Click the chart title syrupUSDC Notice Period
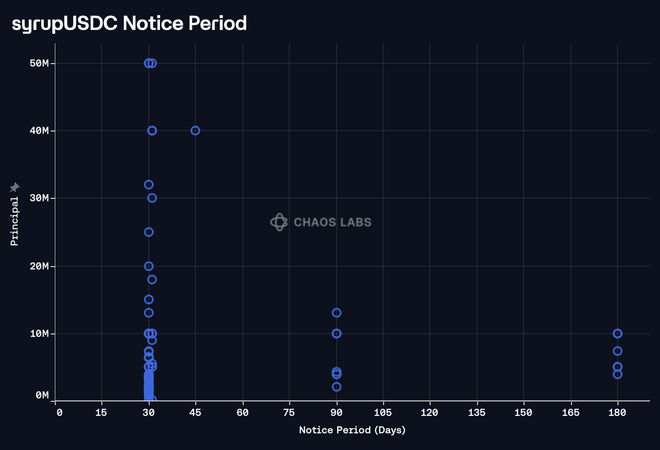point(129,23)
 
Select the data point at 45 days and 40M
point(195,131)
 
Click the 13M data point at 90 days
point(337,313)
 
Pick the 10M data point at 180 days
point(618,334)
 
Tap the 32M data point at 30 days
point(149,185)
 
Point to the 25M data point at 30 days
point(149,232)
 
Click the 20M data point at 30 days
point(149,266)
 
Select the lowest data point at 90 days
point(337,387)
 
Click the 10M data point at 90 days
point(337,334)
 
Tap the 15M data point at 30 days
point(149,299)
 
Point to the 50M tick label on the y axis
point(39,63)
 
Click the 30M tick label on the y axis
point(39,198)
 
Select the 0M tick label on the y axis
point(42,395)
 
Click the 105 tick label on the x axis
point(383,413)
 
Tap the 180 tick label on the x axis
point(617,413)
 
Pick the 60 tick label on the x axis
point(242,413)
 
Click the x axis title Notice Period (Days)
point(352,430)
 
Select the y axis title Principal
point(15,221)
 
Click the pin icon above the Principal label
point(15,188)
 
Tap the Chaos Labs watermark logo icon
point(279,222)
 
